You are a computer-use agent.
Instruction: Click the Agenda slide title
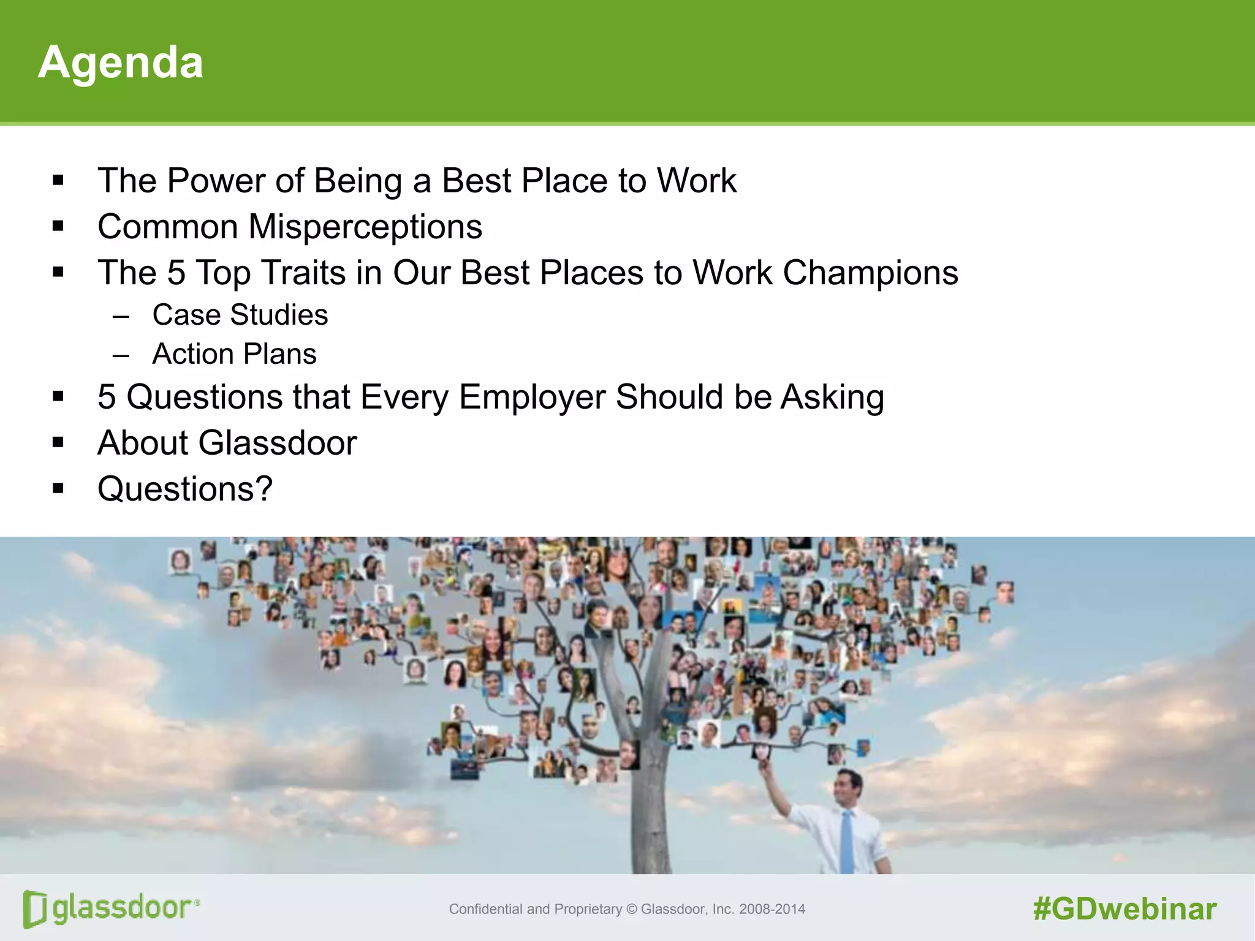pyautogui.click(x=120, y=62)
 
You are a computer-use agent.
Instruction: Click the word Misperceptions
pyautogui.click(x=365, y=227)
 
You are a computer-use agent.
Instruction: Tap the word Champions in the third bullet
pyautogui.click(x=870, y=273)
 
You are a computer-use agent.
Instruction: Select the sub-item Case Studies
pyautogui.click(x=240, y=315)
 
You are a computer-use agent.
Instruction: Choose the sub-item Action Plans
pyautogui.click(x=234, y=354)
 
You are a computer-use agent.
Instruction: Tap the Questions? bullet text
pyautogui.click(x=184, y=489)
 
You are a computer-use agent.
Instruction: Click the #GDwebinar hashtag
pyautogui.click(x=1124, y=909)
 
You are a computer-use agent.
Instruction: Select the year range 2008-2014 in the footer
pyautogui.click(x=772, y=909)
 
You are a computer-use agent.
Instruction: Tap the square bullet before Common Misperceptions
pyautogui.click(x=58, y=227)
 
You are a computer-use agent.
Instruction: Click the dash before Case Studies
pyautogui.click(x=121, y=316)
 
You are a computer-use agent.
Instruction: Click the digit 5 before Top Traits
pyautogui.click(x=176, y=273)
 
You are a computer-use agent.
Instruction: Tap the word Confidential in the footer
pyautogui.click(x=486, y=909)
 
